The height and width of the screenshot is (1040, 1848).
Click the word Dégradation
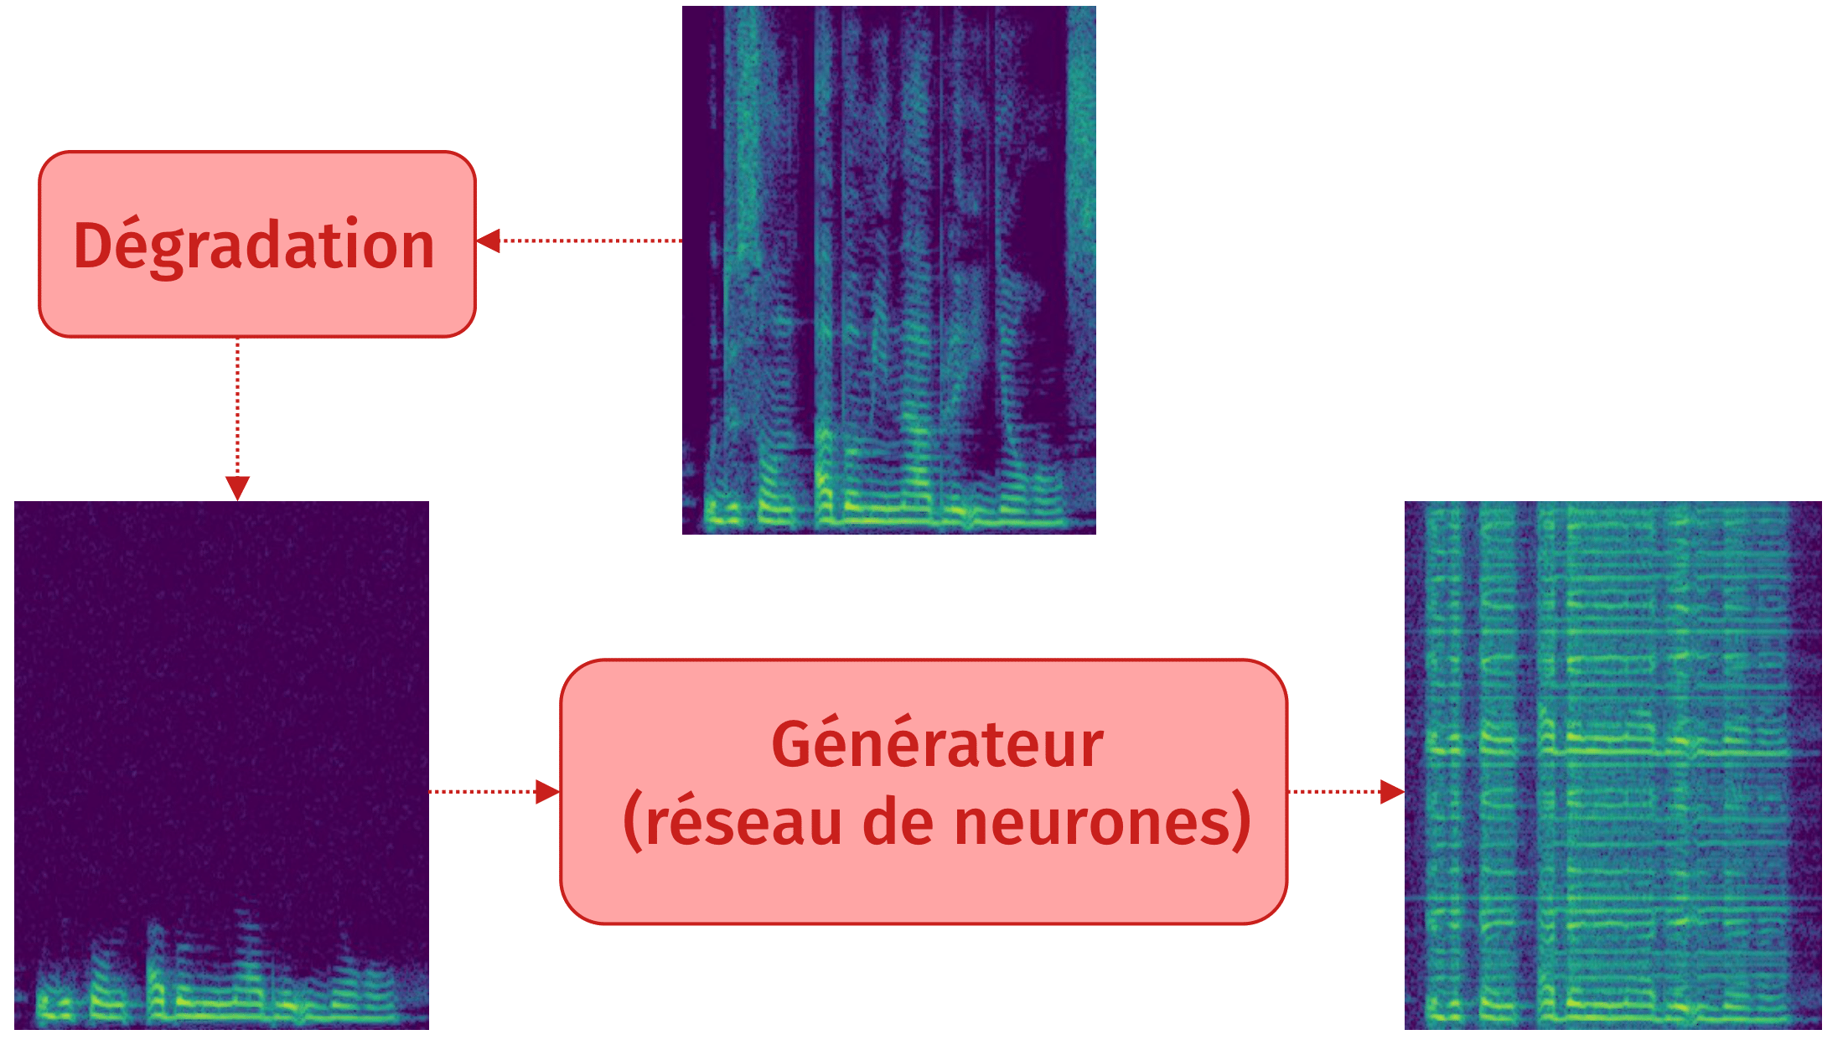click(254, 246)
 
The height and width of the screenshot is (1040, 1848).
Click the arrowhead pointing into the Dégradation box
click(489, 241)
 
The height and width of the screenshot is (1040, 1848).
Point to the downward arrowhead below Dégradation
click(237, 488)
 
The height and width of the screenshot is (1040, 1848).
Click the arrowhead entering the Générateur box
click(547, 791)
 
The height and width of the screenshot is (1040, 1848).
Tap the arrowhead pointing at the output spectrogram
click(1392, 791)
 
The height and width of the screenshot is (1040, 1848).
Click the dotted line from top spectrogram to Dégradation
click(591, 241)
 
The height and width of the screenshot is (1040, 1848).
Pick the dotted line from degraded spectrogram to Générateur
click(483, 791)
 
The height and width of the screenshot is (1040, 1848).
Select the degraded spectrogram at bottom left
click(221, 764)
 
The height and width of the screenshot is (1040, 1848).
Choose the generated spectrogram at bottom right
click(1612, 764)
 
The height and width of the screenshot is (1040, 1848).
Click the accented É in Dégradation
click(130, 246)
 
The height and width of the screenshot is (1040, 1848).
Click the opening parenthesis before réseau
click(633, 822)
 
